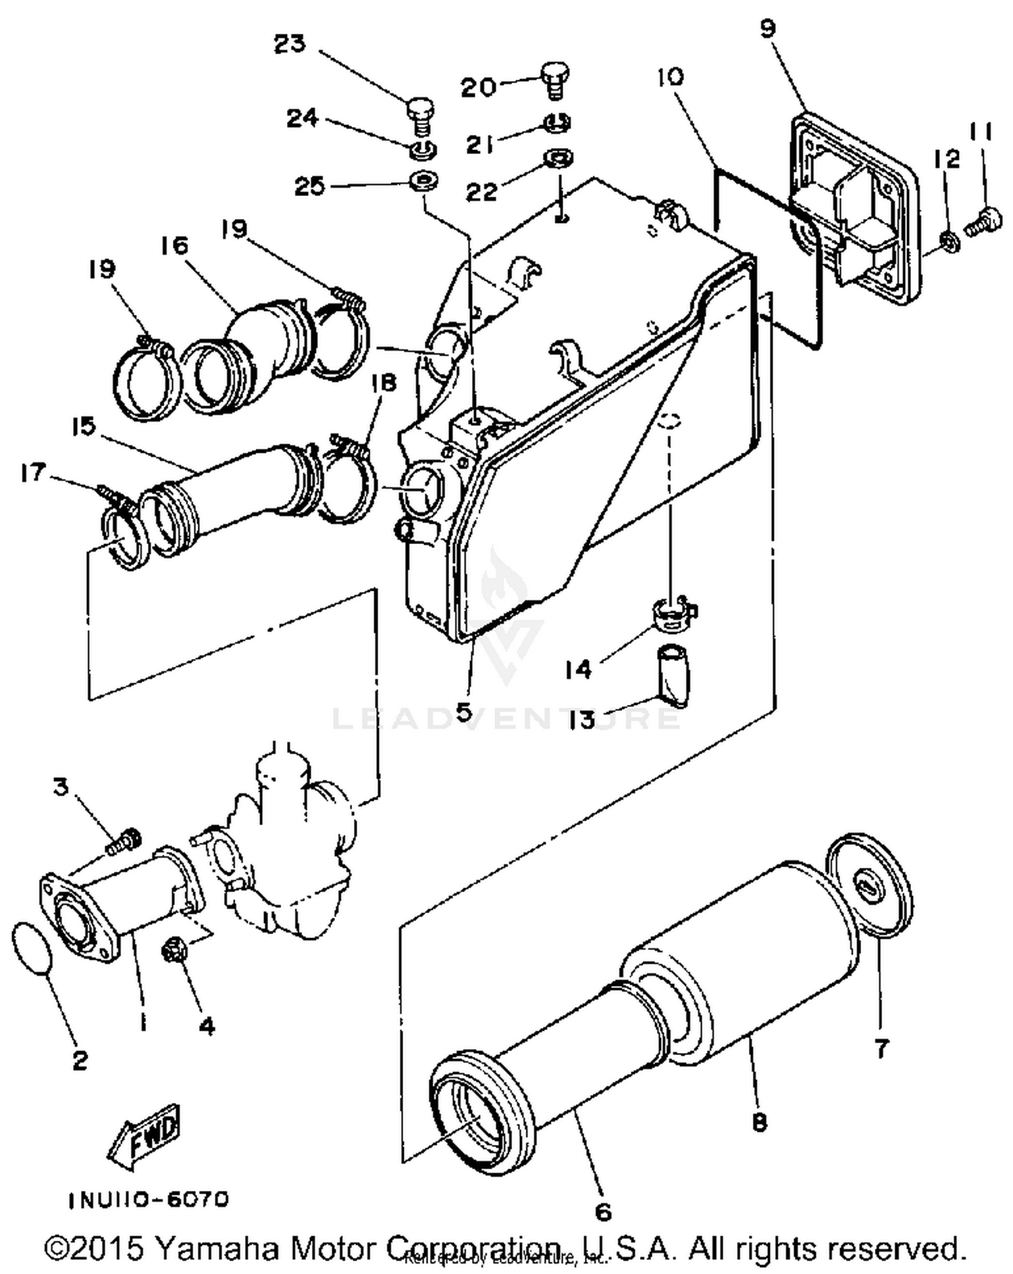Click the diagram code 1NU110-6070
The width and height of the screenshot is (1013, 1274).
[149, 1200]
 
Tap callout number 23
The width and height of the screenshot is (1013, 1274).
[290, 44]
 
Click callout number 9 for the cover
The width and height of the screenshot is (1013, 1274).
[768, 28]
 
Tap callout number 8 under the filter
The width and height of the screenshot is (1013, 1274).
[759, 1122]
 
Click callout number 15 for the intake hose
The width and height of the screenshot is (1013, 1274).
[84, 427]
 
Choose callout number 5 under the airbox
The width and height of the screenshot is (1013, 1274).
[463, 712]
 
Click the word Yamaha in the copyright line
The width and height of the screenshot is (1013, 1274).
[214, 1248]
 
